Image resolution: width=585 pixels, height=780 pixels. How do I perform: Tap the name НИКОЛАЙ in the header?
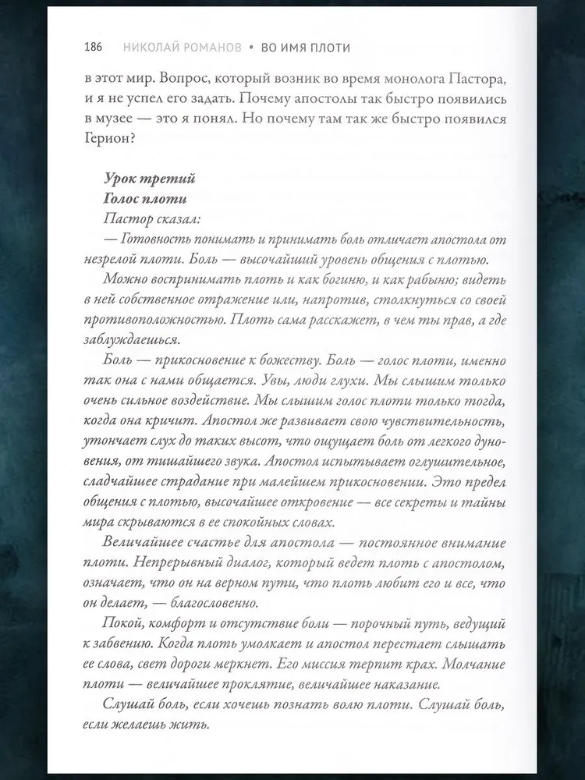(x=153, y=48)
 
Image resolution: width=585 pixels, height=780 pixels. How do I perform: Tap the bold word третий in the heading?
(x=168, y=179)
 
